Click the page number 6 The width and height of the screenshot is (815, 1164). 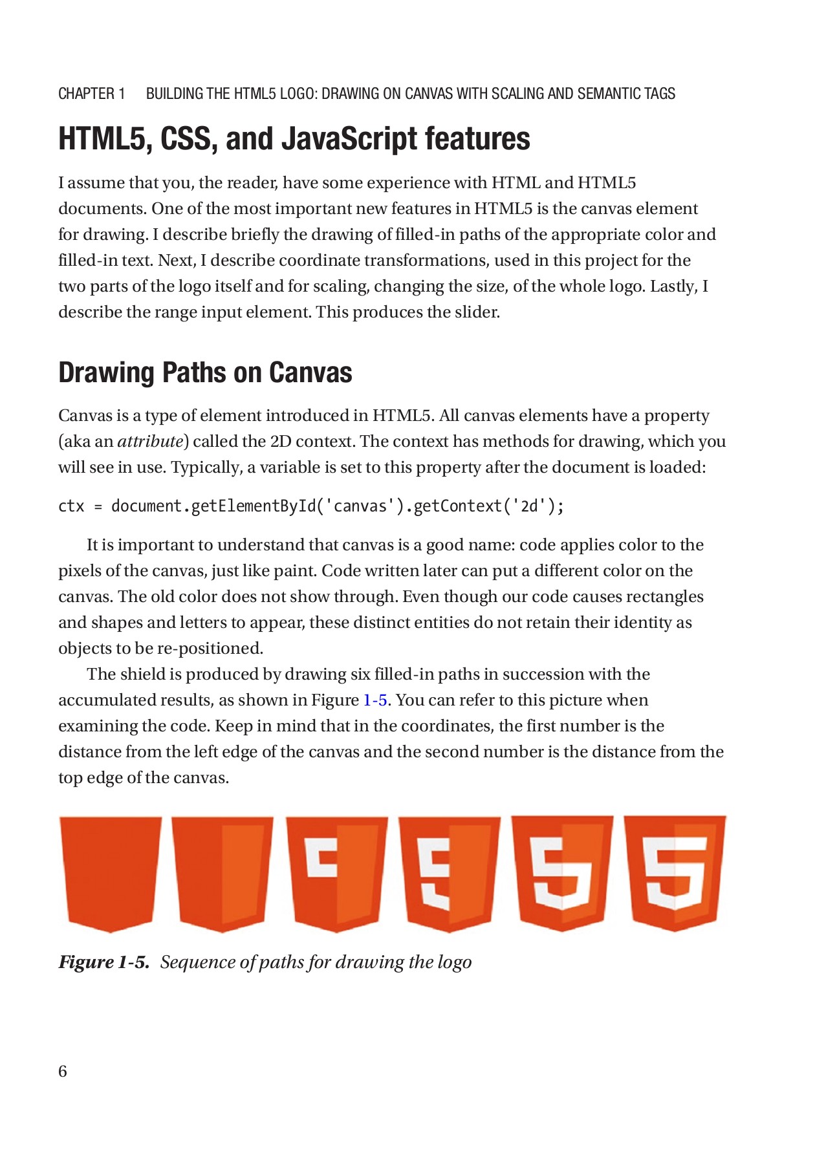[63, 1072]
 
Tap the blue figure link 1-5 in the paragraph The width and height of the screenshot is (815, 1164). [375, 700]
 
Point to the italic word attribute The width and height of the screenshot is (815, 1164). [151, 442]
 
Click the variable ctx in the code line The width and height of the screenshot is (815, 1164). [71, 506]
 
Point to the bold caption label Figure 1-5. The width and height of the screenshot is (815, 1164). [103, 962]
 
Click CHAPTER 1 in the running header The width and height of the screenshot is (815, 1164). [92, 94]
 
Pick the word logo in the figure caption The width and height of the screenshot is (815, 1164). [454, 962]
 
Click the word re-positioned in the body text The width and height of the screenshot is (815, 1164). [210, 649]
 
